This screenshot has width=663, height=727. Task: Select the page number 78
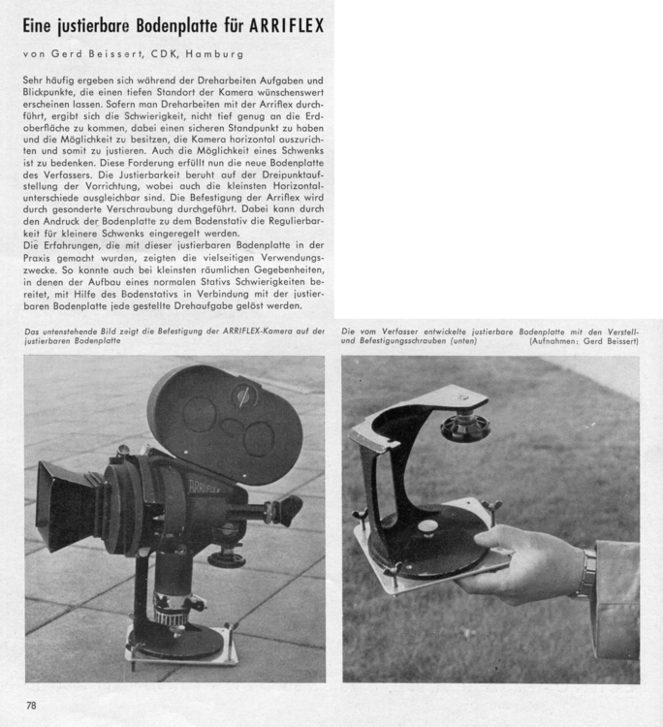tap(31, 705)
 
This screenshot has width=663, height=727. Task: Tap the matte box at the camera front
tap(69, 505)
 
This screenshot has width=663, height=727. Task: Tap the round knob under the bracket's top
tap(465, 427)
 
